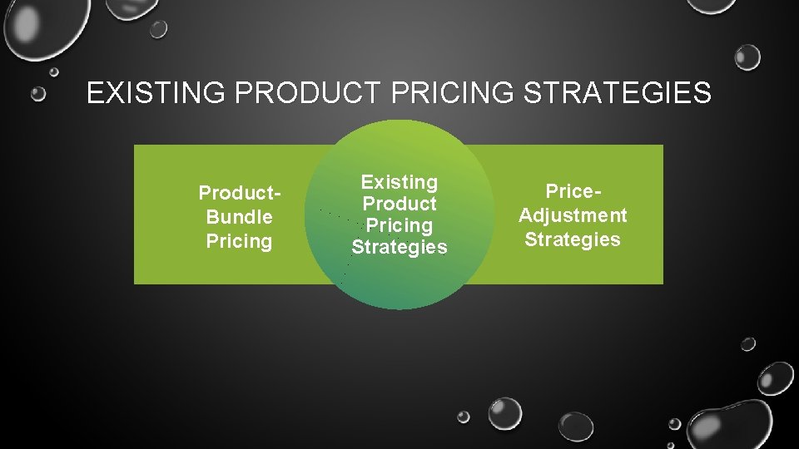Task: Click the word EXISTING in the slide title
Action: click(156, 94)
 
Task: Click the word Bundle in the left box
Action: click(239, 217)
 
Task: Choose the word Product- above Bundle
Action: click(239, 194)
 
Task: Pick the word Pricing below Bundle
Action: click(239, 241)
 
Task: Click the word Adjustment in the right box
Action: click(573, 215)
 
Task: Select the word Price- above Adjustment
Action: click(573, 191)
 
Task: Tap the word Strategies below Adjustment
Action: click(573, 239)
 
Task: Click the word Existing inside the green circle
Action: click(399, 182)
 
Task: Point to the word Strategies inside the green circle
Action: click(399, 247)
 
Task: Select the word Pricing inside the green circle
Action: click(399, 225)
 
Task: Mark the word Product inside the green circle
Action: click(399, 204)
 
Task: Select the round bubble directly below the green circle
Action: click(504, 413)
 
